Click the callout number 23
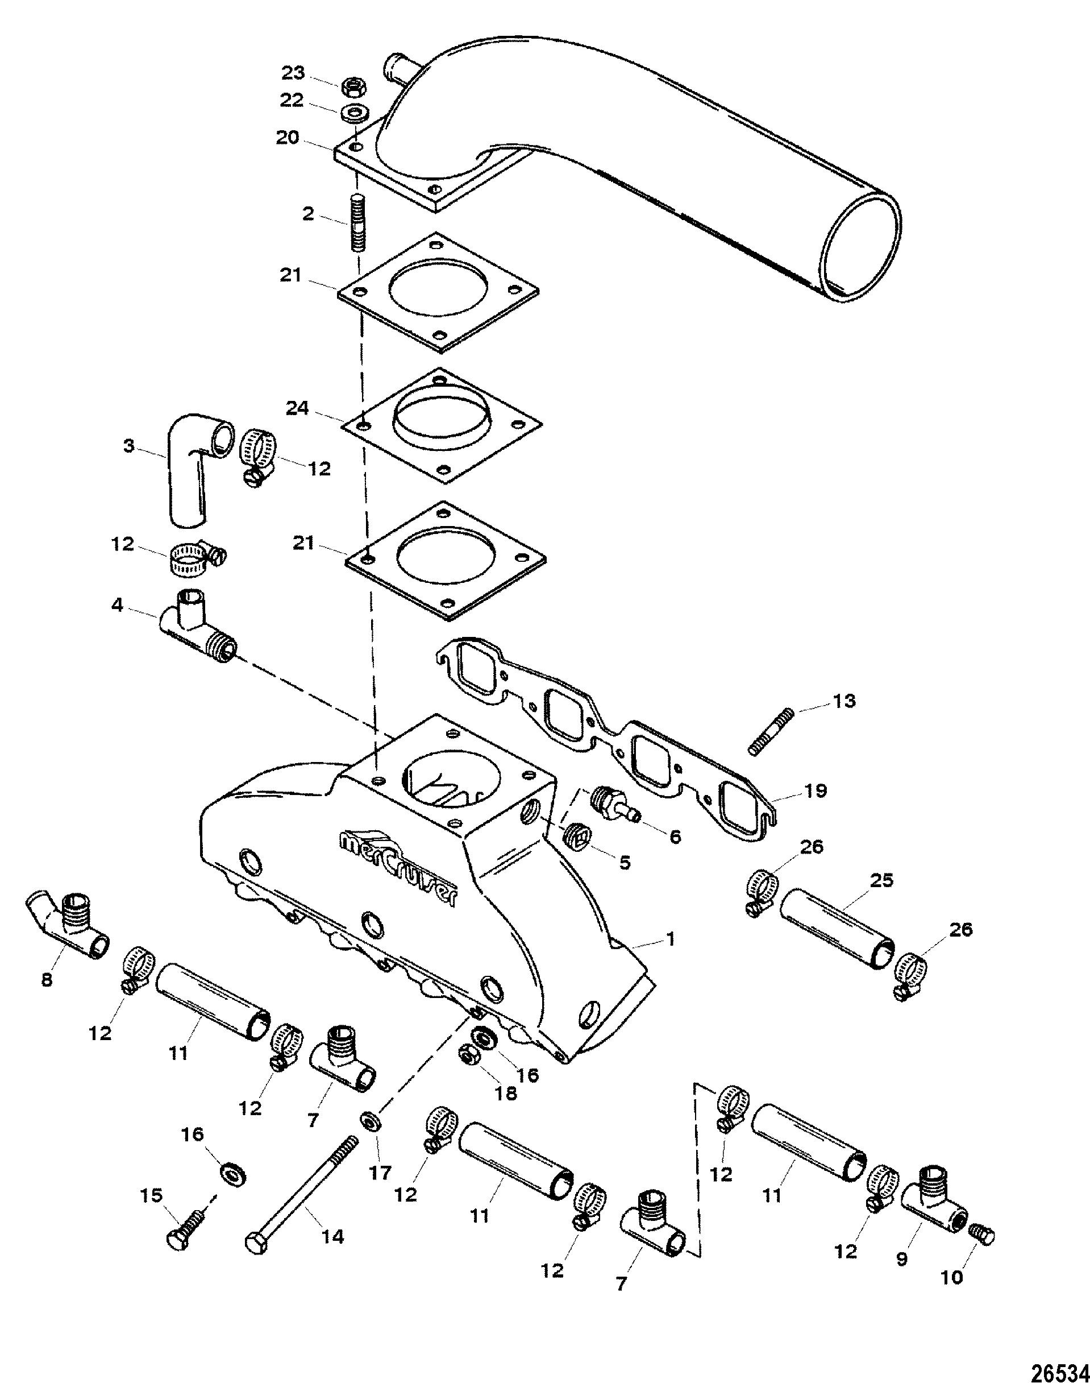click(x=294, y=73)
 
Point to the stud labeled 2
click(x=357, y=225)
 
